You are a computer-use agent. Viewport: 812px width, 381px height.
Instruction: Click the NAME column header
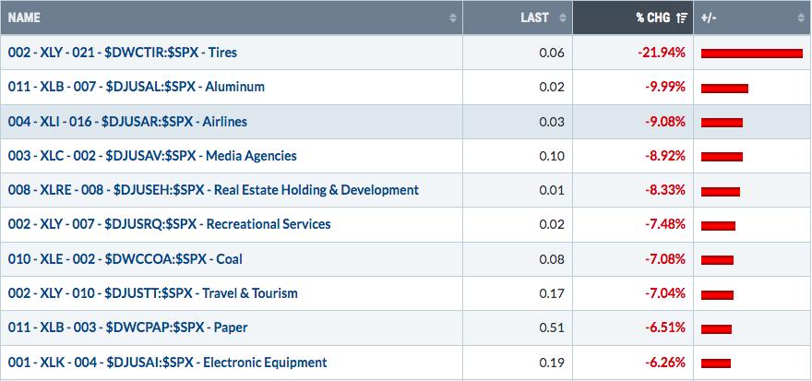pos(24,18)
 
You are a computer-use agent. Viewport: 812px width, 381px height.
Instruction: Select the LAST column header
pos(534,18)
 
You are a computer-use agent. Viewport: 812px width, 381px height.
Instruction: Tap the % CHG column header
pos(654,18)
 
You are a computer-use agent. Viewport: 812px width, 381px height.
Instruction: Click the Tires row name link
pos(122,53)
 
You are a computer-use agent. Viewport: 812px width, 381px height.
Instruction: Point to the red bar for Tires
pos(752,54)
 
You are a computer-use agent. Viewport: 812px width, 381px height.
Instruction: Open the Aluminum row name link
pos(137,87)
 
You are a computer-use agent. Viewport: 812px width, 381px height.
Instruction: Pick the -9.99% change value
pos(665,87)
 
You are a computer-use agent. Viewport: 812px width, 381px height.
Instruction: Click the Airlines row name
pos(127,122)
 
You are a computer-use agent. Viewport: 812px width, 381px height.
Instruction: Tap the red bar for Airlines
pos(722,123)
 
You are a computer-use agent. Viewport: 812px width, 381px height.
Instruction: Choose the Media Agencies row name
pos(152,156)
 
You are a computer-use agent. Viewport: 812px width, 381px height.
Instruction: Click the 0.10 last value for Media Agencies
pos(555,156)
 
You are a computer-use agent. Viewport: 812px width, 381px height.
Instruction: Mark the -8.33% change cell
pos(665,190)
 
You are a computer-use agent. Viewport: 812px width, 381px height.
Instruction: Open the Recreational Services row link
pos(170,224)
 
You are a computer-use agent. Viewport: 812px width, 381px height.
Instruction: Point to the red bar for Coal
pos(717,260)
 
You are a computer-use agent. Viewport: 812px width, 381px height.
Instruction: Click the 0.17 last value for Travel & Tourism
pos(555,293)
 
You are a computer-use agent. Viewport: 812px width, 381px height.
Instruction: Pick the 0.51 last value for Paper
pos(555,327)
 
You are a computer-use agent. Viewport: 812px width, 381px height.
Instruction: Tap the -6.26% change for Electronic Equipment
pos(665,363)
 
